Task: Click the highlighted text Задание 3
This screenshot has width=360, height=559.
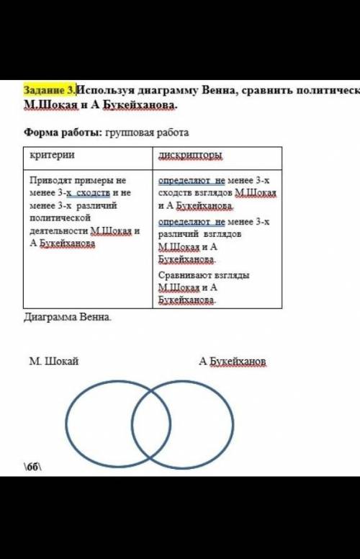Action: click(x=50, y=90)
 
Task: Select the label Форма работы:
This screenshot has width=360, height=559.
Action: click(x=61, y=133)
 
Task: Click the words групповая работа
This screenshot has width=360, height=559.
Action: click(x=147, y=133)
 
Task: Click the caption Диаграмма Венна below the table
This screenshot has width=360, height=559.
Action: click(x=68, y=317)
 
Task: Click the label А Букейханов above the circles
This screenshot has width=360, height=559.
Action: click(x=233, y=360)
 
